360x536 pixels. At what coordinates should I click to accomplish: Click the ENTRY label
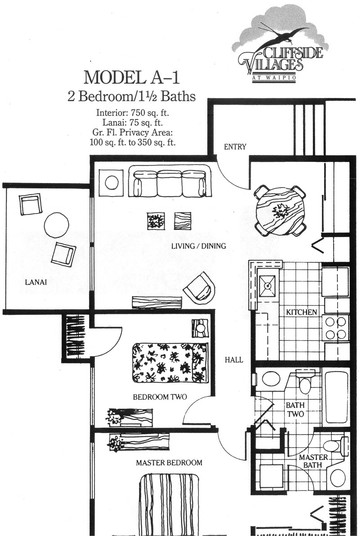click(235, 147)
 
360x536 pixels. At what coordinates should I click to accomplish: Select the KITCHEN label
click(301, 312)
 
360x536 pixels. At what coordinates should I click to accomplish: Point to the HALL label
click(234, 360)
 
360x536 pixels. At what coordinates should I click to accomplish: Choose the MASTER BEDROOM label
click(169, 462)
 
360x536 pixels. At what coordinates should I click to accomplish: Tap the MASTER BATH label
click(311, 461)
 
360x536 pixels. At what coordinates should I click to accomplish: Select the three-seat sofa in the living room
click(170, 181)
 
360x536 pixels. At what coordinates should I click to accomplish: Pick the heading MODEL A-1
click(132, 77)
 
